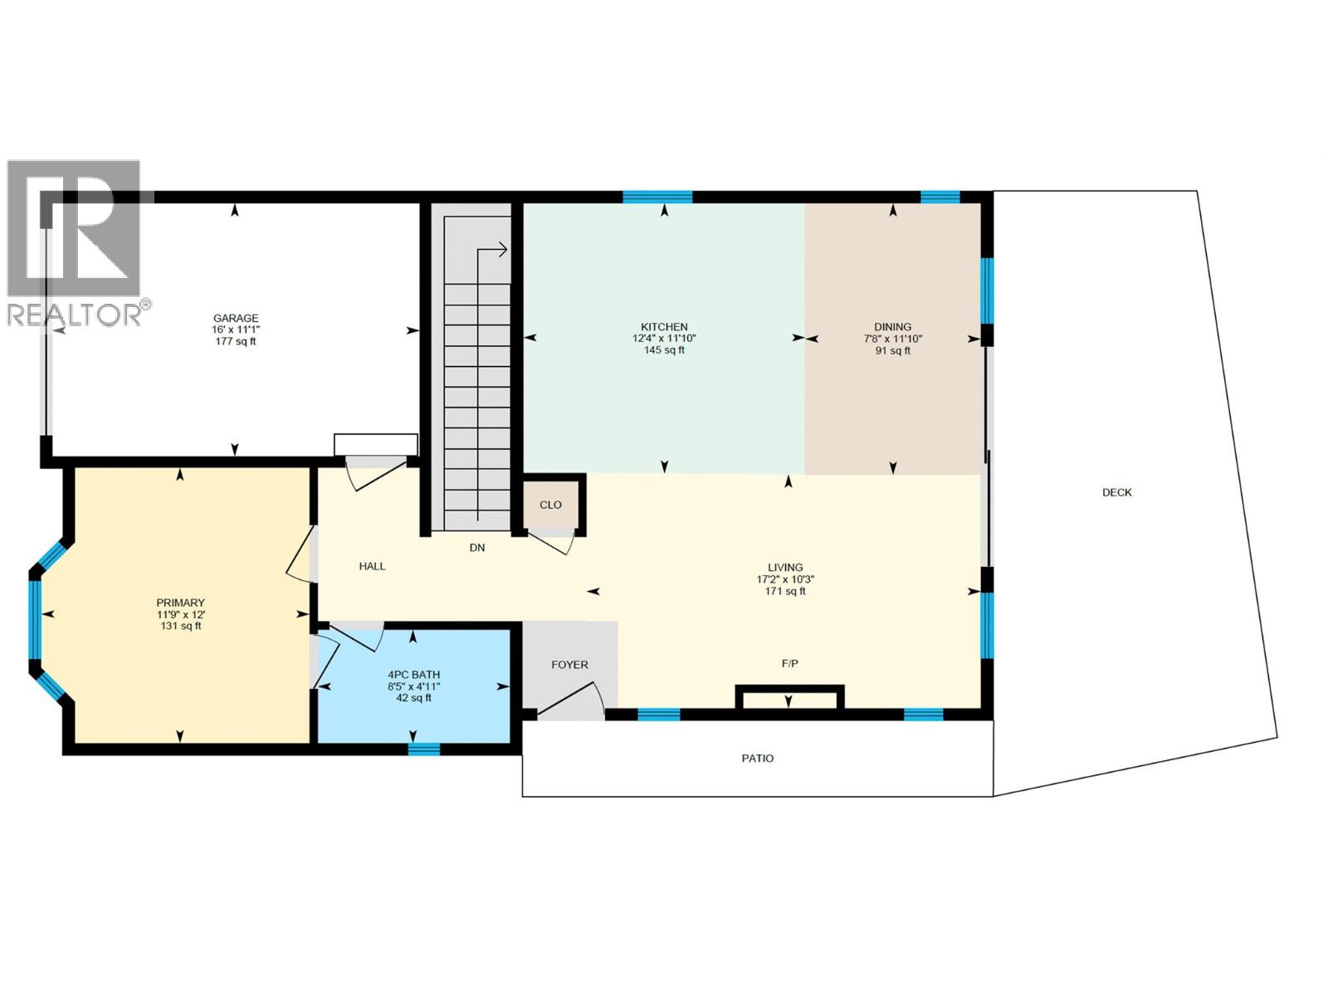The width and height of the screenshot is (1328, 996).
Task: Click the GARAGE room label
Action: coord(236,318)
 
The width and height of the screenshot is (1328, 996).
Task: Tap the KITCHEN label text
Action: coord(664,327)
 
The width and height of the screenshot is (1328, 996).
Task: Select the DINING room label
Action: coord(892,327)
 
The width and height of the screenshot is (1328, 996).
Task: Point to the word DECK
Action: coord(1116,492)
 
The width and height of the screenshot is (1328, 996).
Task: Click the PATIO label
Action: coord(757,758)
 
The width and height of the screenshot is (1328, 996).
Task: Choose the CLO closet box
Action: coord(550,505)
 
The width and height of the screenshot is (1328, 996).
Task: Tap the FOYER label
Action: coord(569,665)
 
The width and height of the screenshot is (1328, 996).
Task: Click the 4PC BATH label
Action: coord(413,675)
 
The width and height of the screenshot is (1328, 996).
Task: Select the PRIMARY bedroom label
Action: coord(180,603)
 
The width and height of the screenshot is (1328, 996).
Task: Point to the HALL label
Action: coord(372,566)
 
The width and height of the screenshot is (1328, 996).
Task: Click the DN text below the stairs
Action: coord(477,548)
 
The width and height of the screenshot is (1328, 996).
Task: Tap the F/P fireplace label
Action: coord(789,663)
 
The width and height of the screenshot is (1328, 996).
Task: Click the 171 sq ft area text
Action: coord(785,592)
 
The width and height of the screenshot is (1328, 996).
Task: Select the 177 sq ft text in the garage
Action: coord(236,341)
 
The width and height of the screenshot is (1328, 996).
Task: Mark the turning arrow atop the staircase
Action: coord(495,248)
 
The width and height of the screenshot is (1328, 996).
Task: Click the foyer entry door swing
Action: coord(573,701)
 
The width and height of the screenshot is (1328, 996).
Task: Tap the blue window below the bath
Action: coord(423,749)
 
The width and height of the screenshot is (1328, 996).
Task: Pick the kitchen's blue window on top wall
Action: coord(657,197)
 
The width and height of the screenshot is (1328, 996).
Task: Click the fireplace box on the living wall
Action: coord(789,698)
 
